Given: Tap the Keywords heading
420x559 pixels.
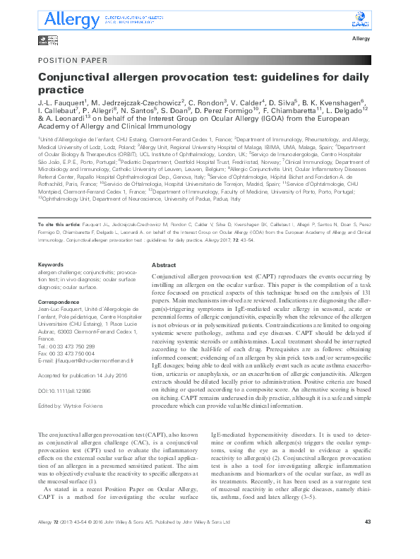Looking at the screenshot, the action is point(49,264).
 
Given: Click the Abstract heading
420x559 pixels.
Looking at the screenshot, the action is point(164,264).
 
